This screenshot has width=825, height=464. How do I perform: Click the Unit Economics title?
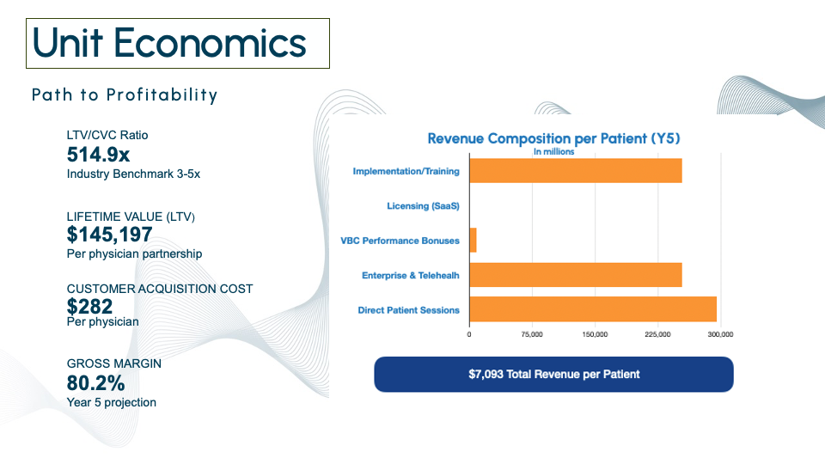pyautogui.click(x=169, y=43)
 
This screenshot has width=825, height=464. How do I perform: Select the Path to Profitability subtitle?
pyautogui.click(x=124, y=95)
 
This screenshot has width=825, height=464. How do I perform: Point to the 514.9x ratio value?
pyautogui.click(x=98, y=155)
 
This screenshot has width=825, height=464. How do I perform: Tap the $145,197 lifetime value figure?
pyautogui.click(x=109, y=234)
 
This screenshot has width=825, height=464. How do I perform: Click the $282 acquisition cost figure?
pyautogui.click(x=89, y=306)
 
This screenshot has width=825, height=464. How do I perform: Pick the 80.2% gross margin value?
pyautogui.click(x=95, y=383)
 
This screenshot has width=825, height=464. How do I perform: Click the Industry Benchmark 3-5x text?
pyautogui.click(x=133, y=174)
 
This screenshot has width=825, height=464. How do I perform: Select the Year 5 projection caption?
pyautogui.click(x=112, y=402)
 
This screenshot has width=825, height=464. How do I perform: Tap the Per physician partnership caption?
pyautogui.click(x=134, y=254)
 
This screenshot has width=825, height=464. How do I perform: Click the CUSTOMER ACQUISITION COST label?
pyautogui.click(x=160, y=289)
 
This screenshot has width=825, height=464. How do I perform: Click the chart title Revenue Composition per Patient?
pyautogui.click(x=553, y=138)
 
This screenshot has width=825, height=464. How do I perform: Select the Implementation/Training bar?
pyautogui.click(x=576, y=171)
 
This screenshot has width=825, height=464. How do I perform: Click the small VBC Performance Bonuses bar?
pyautogui.click(x=473, y=240)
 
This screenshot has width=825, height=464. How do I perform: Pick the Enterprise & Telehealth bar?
pyautogui.click(x=576, y=275)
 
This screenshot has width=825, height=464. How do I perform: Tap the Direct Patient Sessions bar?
pyautogui.click(x=593, y=309)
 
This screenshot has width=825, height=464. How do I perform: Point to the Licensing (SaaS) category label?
pyautogui.click(x=423, y=205)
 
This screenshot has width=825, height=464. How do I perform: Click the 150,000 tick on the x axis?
pyautogui.click(x=595, y=334)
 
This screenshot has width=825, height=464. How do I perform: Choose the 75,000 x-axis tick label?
pyautogui.click(x=532, y=334)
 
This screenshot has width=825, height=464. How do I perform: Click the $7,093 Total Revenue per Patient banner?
pyautogui.click(x=553, y=374)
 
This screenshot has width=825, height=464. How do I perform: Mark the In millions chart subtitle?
pyautogui.click(x=554, y=151)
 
